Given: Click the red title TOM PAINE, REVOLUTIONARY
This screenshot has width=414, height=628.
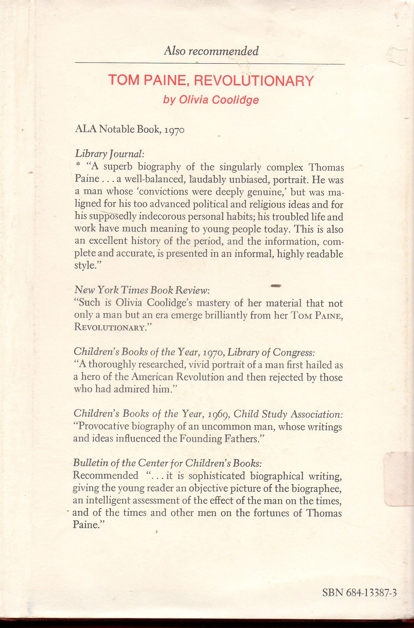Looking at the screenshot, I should point(211,81).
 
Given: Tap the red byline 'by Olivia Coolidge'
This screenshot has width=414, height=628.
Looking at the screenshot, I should point(211,100).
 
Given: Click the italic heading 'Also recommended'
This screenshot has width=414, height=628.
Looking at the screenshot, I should point(211,51).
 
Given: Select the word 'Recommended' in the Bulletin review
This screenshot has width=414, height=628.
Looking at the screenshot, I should point(105,476).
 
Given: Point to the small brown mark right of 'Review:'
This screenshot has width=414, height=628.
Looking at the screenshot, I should point(276,285).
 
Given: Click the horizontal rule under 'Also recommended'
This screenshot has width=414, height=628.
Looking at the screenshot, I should point(210,64).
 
